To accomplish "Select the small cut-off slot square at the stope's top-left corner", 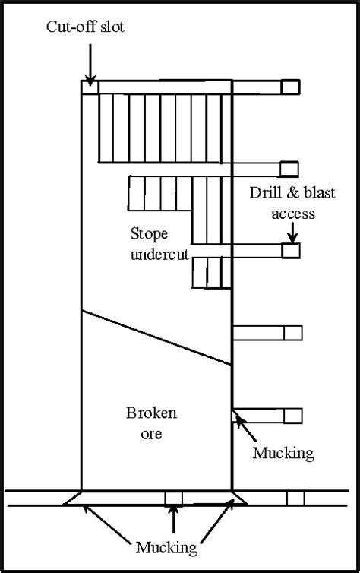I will click(90, 86).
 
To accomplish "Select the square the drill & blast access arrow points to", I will click(291, 250).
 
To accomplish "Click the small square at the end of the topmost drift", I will click(290, 87).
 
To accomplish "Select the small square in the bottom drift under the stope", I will click(174, 498).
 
